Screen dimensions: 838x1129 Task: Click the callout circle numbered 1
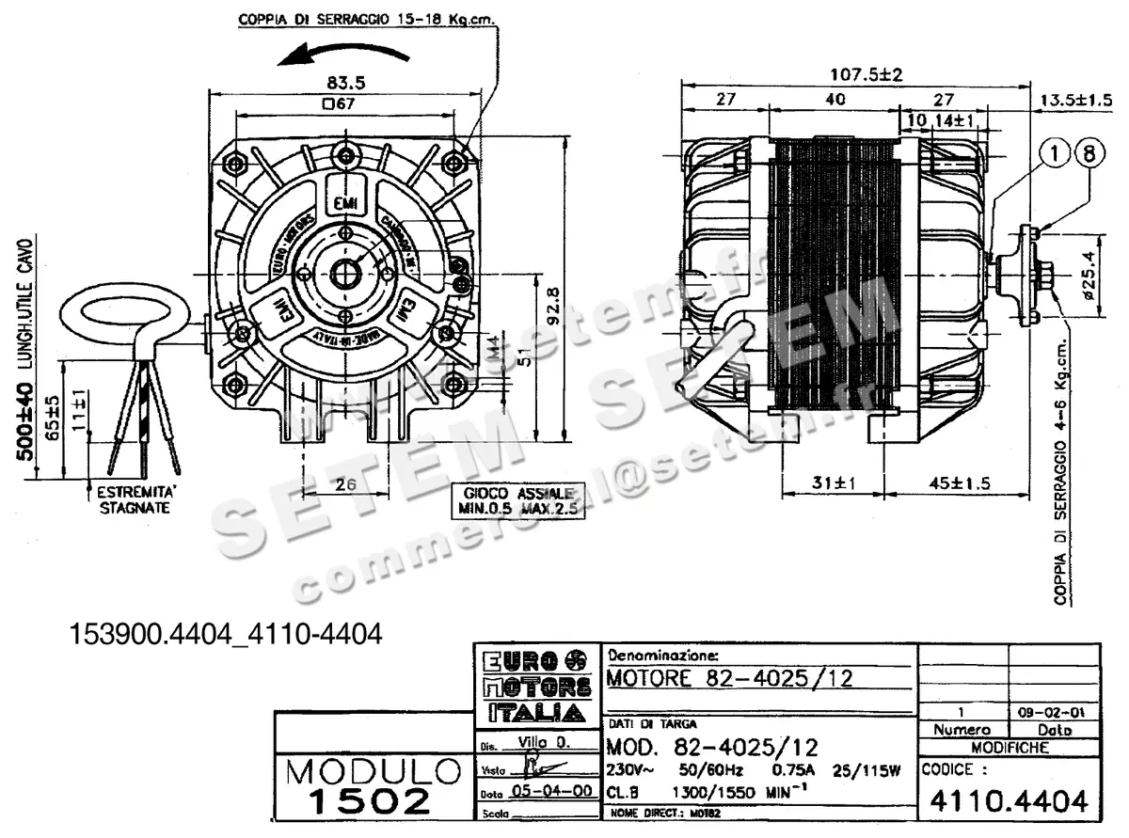pyautogui.click(x=1056, y=154)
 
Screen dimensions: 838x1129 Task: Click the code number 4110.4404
pyautogui.click(x=1009, y=800)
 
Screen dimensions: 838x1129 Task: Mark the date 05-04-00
pyautogui.click(x=547, y=791)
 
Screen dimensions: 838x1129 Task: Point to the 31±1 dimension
pyautogui.click(x=831, y=483)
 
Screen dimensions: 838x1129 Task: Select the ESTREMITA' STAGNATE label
pyautogui.click(x=135, y=499)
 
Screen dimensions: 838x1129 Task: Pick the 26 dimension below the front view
pyautogui.click(x=346, y=484)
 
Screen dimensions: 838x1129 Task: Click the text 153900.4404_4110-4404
pyautogui.click(x=227, y=635)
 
